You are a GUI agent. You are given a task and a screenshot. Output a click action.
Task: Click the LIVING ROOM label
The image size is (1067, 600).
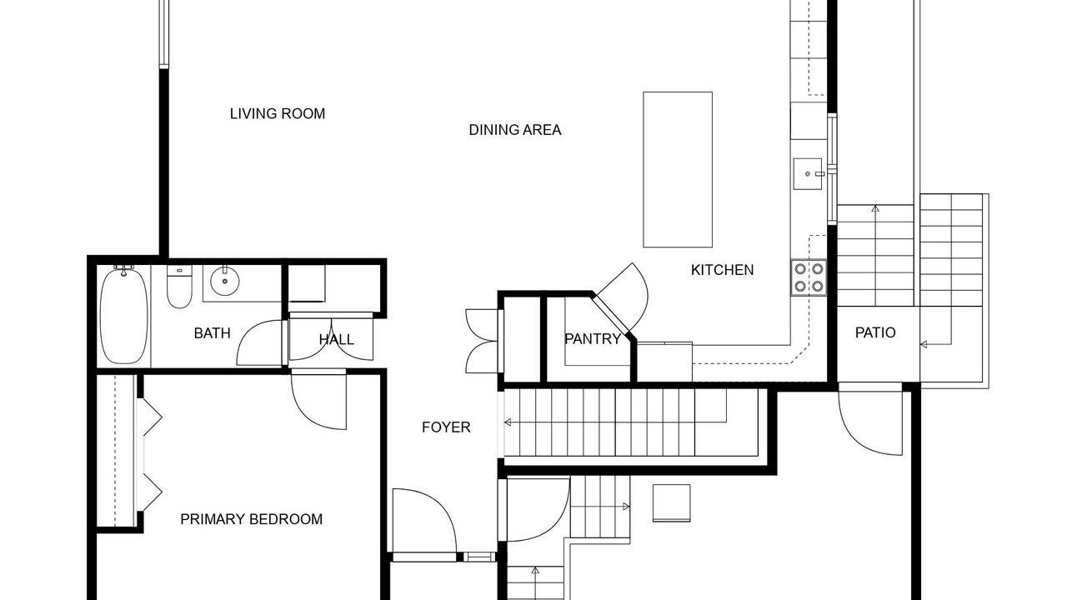click(x=278, y=114)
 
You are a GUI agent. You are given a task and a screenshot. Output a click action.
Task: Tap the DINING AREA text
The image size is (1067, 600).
click(x=515, y=130)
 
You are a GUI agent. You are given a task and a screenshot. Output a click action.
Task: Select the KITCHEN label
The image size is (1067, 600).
click(x=722, y=270)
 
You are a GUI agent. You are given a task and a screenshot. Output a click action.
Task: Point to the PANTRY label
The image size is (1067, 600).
click(x=593, y=339)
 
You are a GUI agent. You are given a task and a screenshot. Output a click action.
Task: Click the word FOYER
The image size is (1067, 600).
click(x=446, y=427)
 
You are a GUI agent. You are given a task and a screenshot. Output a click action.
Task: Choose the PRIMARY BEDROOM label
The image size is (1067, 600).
click(x=251, y=519)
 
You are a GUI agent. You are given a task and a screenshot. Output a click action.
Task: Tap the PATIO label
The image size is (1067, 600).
click(x=875, y=332)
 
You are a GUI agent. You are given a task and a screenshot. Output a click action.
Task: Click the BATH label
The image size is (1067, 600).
click(x=212, y=333)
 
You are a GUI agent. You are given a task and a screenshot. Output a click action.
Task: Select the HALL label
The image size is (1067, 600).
click(x=336, y=339)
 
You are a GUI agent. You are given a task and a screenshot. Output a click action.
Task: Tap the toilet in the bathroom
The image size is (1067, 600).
click(x=179, y=287)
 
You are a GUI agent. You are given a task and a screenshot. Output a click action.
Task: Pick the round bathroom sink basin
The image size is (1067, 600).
click(x=225, y=281)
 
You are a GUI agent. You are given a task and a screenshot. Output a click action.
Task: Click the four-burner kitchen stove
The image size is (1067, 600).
click(x=809, y=277)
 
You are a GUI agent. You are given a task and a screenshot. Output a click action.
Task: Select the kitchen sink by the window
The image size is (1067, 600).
click(x=808, y=174)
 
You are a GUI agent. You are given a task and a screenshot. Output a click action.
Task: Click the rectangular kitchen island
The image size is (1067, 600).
click(x=678, y=169)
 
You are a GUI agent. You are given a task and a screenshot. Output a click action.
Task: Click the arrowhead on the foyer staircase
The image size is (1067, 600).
click(x=508, y=422)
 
